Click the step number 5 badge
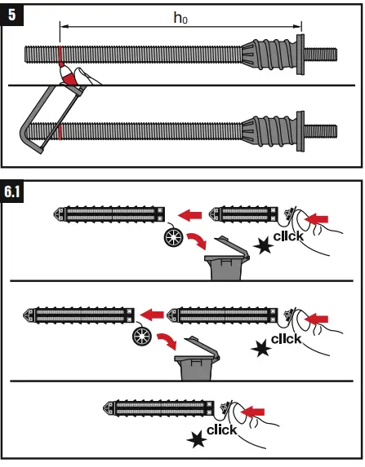tap(12, 14)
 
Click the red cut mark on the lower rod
tap(59, 130)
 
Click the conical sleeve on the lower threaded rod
tap(269, 130)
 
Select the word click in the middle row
tap(286, 337)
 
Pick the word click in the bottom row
tap(221, 429)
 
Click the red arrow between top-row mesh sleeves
tap(190, 215)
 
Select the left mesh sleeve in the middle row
tap(81, 313)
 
